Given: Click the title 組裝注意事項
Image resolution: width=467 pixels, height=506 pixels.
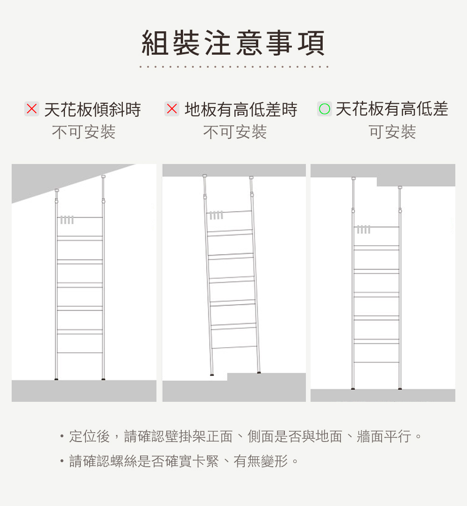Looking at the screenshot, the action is [x=233, y=43].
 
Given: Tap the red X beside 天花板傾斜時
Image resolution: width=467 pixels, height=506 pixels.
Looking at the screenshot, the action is [x=32, y=109].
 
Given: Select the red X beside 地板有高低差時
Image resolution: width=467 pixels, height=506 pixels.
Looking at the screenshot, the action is [x=172, y=109].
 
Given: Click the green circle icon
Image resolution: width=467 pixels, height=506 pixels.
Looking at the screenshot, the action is [x=324, y=109].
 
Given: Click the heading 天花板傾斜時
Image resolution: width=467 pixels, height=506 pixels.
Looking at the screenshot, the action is [x=92, y=110].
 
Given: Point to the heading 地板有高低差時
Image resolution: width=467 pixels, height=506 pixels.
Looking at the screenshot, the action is [x=241, y=110].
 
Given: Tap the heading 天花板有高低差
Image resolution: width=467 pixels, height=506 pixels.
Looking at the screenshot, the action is [x=392, y=109].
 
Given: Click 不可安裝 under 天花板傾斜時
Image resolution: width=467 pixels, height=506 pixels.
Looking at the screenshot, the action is [x=84, y=132].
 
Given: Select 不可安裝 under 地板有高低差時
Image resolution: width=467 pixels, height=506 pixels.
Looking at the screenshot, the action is [x=235, y=132].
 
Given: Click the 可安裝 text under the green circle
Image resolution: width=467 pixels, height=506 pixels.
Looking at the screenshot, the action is [x=392, y=132].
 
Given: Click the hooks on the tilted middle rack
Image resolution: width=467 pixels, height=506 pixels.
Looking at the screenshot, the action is [x=215, y=215].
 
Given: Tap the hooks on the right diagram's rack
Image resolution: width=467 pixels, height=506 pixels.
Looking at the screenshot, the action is [x=363, y=229].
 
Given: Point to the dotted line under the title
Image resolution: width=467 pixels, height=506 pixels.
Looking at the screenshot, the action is [x=233, y=67].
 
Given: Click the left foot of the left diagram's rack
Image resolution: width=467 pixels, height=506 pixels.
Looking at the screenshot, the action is [x=56, y=379].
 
